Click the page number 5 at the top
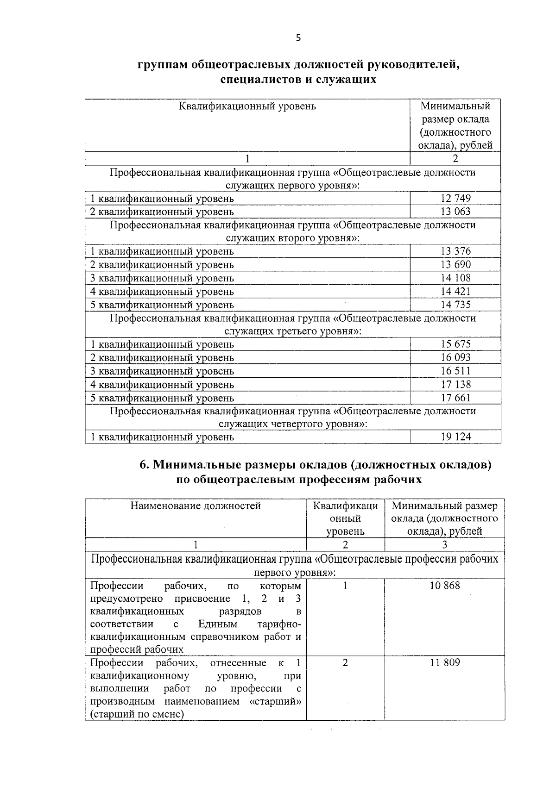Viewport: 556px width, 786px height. click(298, 38)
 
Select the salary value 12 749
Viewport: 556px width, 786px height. click(455, 199)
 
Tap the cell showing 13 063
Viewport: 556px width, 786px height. click(455, 212)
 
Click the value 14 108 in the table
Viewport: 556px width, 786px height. click(455, 278)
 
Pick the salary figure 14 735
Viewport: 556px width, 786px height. click(455, 305)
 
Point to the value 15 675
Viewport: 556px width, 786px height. click(455, 344)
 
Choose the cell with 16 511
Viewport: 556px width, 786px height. click(455, 371)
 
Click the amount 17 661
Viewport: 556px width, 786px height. click(455, 398)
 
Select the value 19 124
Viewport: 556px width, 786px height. click(455, 437)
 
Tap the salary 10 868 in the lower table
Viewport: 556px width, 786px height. click(445, 586)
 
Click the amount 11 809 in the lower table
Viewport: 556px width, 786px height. click(445, 663)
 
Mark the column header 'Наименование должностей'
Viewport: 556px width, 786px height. click(196, 506)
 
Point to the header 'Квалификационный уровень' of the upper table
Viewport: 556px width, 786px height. click(247, 106)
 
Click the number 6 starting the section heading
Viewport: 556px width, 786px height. click(143, 465)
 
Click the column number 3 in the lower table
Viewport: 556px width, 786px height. click(445, 545)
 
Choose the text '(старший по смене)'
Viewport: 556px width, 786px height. click(137, 714)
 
